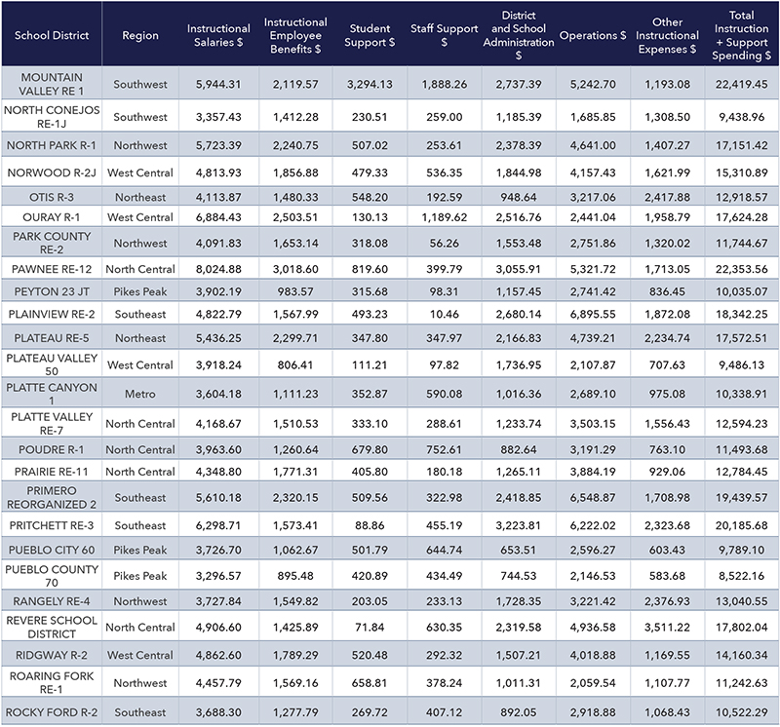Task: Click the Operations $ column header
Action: pyautogui.click(x=593, y=35)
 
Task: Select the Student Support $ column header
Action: pyautogui.click(x=370, y=35)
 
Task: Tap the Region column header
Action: pyautogui.click(x=140, y=35)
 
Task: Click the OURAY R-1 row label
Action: pyautogui.click(x=52, y=217)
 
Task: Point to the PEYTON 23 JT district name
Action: pyautogui.click(x=52, y=292)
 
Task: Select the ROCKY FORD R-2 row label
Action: pyautogui.click(x=52, y=712)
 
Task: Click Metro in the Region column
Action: pyautogui.click(x=140, y=394)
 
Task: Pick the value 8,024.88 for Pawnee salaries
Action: pyautogui.click(x=218, y=269)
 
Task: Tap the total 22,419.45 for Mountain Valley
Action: pyautogui.click(x=742, y=84)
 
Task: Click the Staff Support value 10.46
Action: pyautogui.click(x=445, y=314)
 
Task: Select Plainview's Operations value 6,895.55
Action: pyautogui.click(x=593, y=314)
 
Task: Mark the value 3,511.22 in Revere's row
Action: pyautogui.click(x=667, y=627)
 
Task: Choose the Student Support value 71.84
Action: pyautogui.click(x=370, y=627)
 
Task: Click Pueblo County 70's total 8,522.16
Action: pyautogui.click(x=742, y=576)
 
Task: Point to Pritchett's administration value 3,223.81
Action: pyautogui.click(x=519, y=525)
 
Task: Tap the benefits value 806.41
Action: pyautogui.click(x=295, y=365)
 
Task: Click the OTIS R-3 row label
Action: pyautogui.click(x=52, y=198)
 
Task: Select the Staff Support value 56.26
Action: pyautogui.click(x=445, y=244)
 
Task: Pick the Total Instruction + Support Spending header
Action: pyautogui.click(x=742, y=35)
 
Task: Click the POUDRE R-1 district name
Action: pyautogui.click(x=52, y=449)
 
